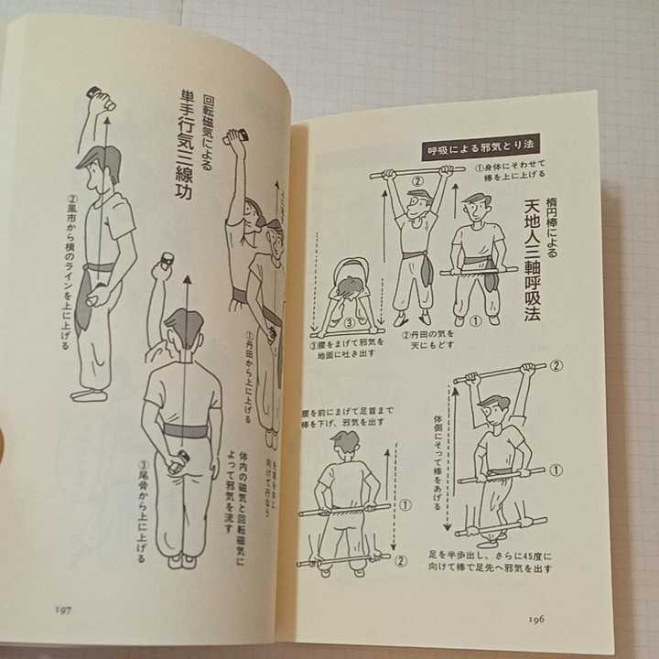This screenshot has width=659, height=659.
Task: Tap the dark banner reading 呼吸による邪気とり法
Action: (x=481, y=146)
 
